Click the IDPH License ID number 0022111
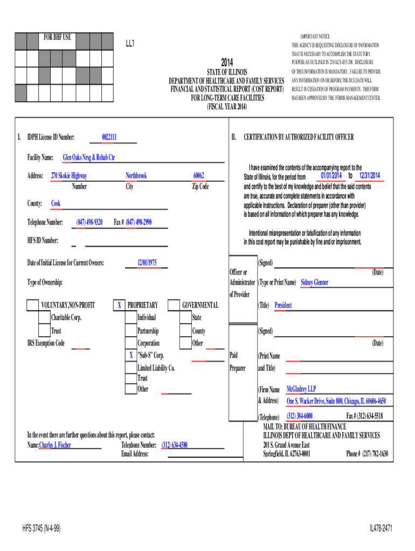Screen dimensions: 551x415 click(109, 137)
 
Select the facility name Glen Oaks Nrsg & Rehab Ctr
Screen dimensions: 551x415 click(89, 158)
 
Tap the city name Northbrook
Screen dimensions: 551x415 click(136, 175)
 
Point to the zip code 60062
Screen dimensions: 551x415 click(199, 175)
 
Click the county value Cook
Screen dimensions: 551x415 click(56, 203)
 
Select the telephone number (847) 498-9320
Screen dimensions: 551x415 click(89, 222)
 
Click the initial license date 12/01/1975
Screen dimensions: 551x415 click(147, 263)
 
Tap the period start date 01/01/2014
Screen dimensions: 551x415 click(330, 176)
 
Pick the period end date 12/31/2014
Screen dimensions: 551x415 click(369, 176)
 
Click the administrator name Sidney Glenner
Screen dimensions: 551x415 click(314, 282)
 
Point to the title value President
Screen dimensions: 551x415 click(283, 305)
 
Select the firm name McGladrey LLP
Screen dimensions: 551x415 click(301, 388)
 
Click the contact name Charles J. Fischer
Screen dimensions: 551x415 click(56, 445)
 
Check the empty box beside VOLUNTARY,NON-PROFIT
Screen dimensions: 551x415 click(33, 306)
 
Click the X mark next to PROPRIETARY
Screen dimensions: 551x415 click(119, 306)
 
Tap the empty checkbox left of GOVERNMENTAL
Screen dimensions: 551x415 click(174, 306)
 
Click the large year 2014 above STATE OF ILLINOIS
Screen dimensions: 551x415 click(227, 61)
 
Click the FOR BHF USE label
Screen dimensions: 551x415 click(57, 37)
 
